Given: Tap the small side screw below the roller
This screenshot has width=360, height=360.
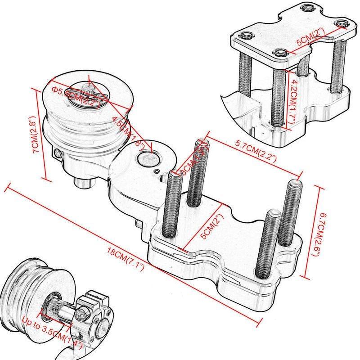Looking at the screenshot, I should [x=58, y=154].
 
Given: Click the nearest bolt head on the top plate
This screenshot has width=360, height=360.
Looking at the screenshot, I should [x=279, y=53].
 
